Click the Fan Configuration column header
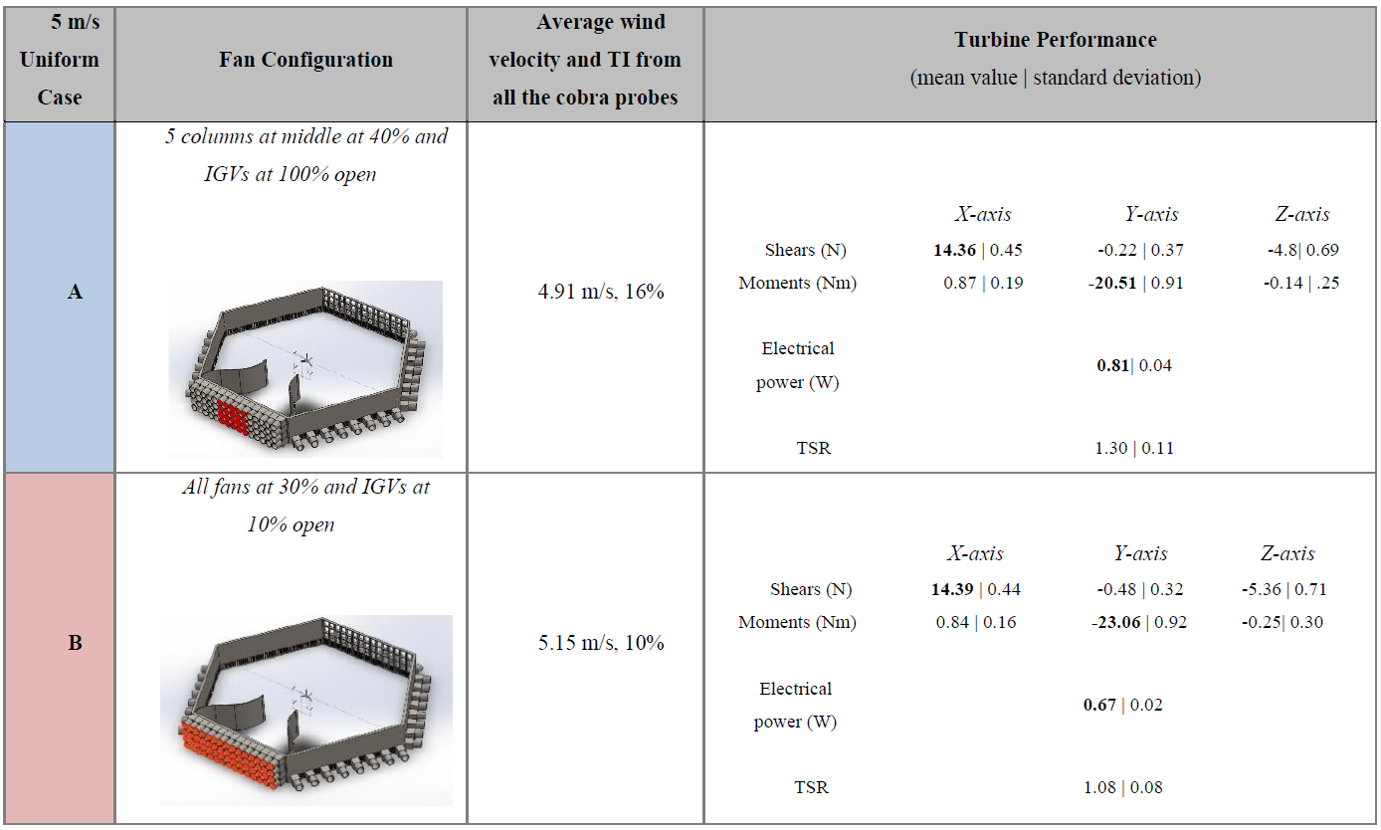305,60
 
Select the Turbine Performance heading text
1056,40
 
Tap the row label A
75,292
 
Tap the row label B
75,643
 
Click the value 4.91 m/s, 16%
601,291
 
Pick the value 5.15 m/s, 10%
601,643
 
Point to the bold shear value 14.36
954,250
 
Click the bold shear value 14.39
952,589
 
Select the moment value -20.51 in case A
1112,283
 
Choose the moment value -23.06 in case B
1116,622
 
